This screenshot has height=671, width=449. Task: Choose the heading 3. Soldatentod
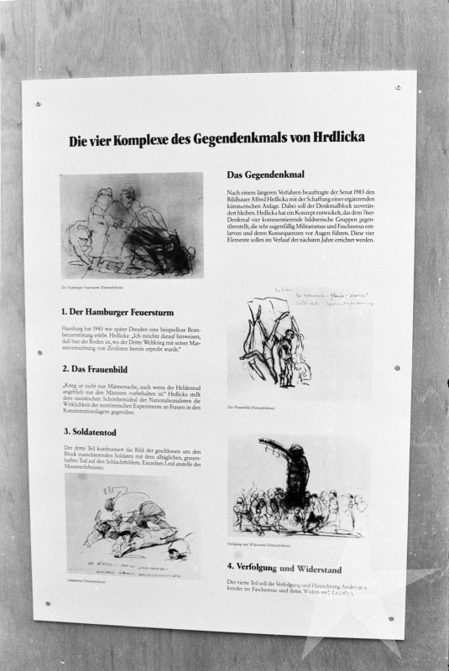pyautogui.click(x=91, y=433)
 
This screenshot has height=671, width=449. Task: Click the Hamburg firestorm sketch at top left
pyautogui.click(x=131, y=225)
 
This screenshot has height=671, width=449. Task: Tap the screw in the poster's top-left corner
pyautogui.click(x=37, y=104)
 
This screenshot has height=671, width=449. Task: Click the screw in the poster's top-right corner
pyautogui.click(x=398, y=87)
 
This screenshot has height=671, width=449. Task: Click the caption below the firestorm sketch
pyautogui.click(x=92, y=286)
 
